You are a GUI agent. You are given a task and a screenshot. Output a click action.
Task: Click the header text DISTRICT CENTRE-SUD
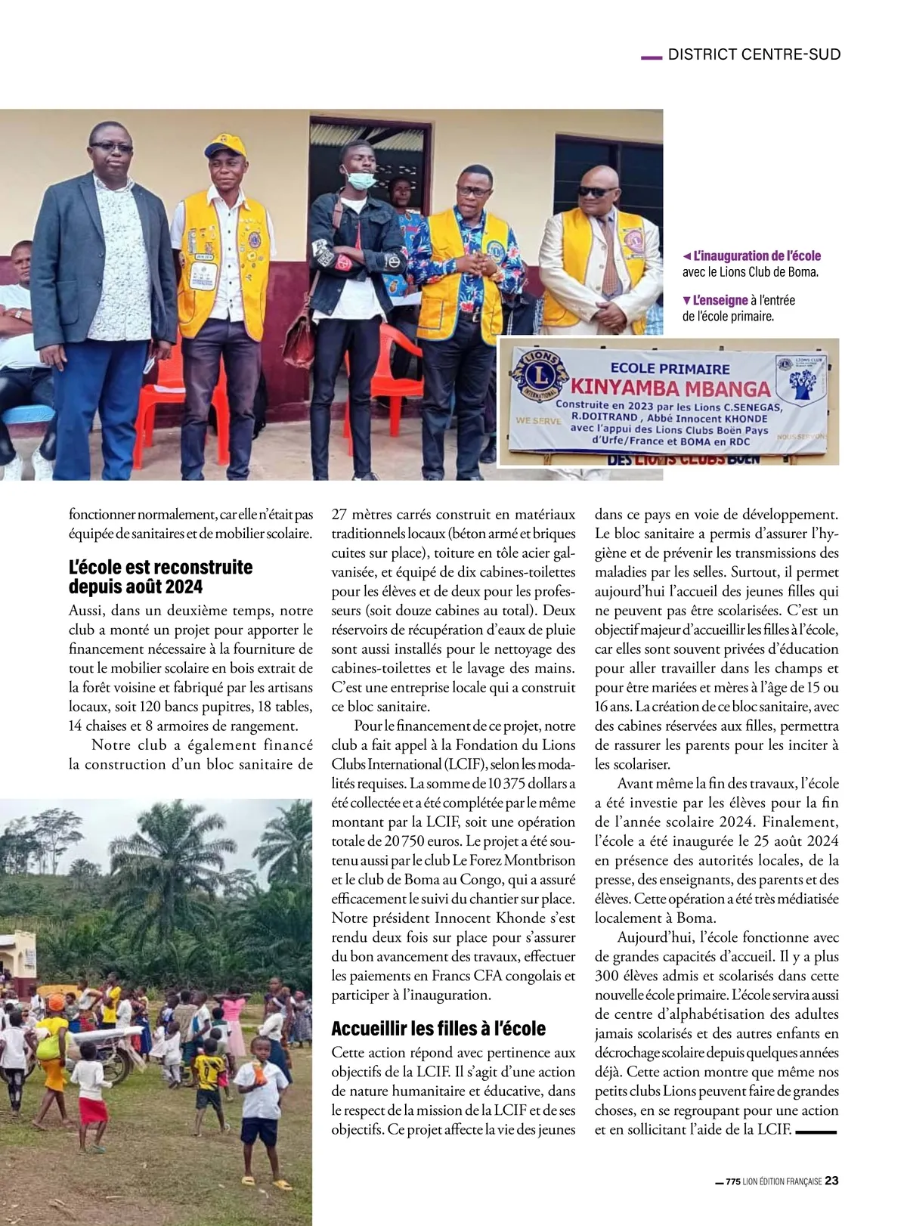(754, 54)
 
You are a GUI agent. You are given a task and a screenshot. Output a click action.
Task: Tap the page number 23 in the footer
(831, 1181)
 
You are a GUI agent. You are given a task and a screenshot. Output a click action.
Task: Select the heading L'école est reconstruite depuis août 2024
(160, 577)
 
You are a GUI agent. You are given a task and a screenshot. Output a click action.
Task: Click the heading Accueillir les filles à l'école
(438, 1029)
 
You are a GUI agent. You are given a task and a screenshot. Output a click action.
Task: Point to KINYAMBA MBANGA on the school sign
(670, 389)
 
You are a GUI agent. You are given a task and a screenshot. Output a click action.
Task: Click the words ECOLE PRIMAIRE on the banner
(670, 369)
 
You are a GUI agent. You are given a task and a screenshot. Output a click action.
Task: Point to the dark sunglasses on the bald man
(596, 192)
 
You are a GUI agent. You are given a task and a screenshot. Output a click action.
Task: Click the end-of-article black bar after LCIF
(816, 1132)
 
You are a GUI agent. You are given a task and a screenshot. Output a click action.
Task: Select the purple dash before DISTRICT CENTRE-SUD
(651, 56)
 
